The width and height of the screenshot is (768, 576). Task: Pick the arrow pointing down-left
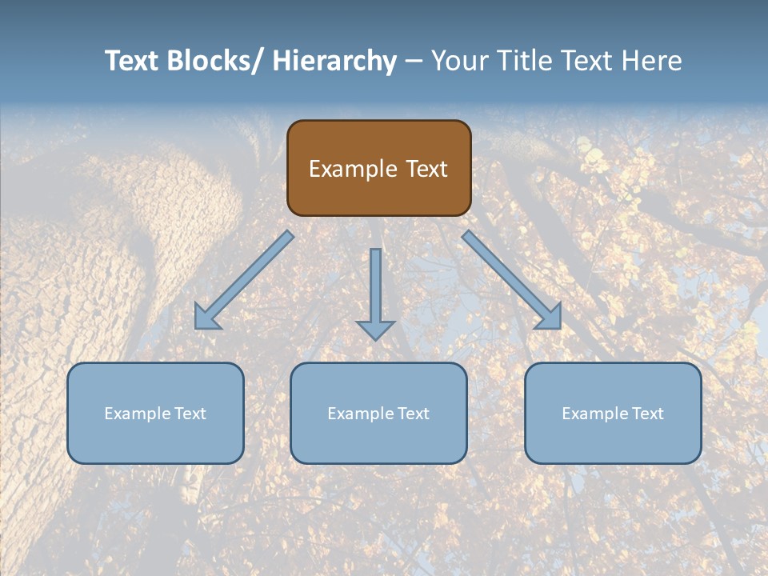pos(244,280)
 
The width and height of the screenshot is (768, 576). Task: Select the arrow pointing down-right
pos(512,280)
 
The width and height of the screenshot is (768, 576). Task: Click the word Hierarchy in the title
pos(334,61)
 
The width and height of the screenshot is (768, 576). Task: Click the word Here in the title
pos(652,61)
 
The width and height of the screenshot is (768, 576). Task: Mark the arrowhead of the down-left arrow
pos(206,318)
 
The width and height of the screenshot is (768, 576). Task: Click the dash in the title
pos(414,61)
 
